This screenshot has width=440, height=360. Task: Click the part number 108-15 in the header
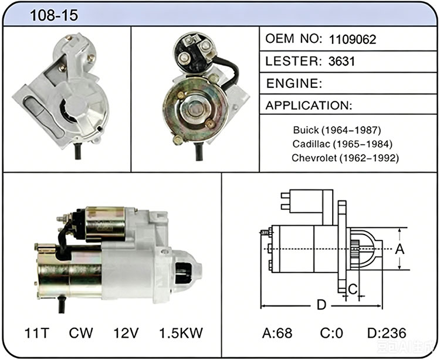pos(53,15)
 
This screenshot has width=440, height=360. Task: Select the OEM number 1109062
pos(352,39)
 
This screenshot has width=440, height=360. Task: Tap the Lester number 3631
pos(341,62)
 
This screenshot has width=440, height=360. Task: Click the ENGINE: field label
pos(294,83)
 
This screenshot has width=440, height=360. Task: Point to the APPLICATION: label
pos(309,106)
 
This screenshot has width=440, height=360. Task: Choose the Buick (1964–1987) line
pos(337,130)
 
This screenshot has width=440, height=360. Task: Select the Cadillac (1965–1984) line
pos(342,144)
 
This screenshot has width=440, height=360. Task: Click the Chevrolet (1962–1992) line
pos(345,158)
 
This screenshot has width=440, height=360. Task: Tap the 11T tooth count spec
pos(37,333)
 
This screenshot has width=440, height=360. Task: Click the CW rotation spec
pos(81,333)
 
